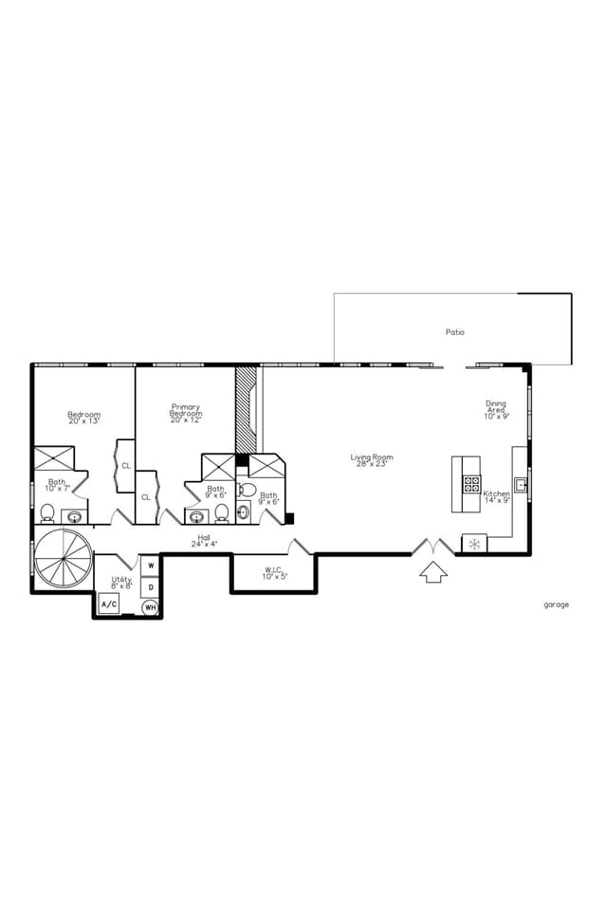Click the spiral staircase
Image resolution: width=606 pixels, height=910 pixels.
click(x=63, y=561)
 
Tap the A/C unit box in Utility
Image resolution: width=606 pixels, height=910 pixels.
click(x=109, y=604)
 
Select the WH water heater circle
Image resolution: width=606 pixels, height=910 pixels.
click(x=150, y=607)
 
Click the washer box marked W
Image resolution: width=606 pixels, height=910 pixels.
click(x=150, y=566)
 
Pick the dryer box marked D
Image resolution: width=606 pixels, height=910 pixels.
click(x=150, y=587)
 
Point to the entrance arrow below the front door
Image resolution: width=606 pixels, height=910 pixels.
click(x=432, y=571)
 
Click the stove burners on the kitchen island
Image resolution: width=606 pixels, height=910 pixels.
click(x=471, y=483)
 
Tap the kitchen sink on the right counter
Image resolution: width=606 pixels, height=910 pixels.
click(x=521, y=484)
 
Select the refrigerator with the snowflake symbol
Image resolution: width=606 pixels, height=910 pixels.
click(x=474, y=544)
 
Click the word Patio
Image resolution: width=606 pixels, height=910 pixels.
click(x=455, y=332)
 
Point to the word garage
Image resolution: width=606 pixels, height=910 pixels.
click(x=557, y=604)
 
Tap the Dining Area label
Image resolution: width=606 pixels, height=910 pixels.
click(x=497, y=409)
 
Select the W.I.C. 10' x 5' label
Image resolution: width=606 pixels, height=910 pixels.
click(x=275, y=573)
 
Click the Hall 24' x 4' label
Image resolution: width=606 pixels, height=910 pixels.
click(x=204, y=541)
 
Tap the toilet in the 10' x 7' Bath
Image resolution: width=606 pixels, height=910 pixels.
click(x=47, y=513)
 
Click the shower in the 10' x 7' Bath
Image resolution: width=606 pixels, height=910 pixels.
click(x=53, y=457)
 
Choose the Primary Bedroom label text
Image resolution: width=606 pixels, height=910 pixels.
click(x=186, y=410)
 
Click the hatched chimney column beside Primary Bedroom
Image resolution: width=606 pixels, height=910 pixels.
click(x=246, y=409)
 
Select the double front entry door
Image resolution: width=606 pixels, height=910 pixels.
click(x=432, y=548)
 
